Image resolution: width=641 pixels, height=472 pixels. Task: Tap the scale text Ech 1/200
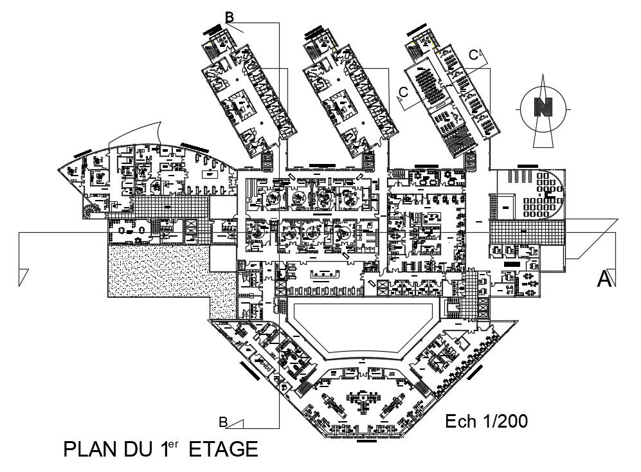pos(487,421)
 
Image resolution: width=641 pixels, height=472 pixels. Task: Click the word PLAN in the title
pos(91,449)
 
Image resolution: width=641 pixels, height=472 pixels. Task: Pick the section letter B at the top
pos(229,16)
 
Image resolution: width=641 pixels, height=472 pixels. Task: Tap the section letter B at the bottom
pos(222,422)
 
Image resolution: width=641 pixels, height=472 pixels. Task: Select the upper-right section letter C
pos(473,55)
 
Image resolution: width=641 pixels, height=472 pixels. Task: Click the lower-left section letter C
pos(403,93)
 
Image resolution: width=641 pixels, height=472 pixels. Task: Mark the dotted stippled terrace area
pos(158,273)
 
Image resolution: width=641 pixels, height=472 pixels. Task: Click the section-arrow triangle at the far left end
pos(24,277)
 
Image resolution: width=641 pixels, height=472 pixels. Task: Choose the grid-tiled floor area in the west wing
pos(171,207)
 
